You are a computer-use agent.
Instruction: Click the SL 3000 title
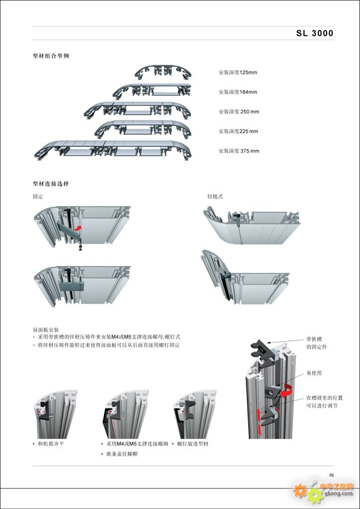pos(315,34)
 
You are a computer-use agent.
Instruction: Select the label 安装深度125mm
pos(238,73)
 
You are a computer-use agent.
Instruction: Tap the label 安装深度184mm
pos(238,92)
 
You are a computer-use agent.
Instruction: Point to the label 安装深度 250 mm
pos(239,112)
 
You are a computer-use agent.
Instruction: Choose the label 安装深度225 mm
pos(238,131)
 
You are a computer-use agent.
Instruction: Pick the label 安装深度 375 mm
pos(239,151)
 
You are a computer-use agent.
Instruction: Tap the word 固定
pos(38,197)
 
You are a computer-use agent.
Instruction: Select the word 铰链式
pos(215,197)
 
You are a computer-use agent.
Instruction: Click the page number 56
pos(331,475)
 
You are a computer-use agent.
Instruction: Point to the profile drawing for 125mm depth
pos(163,72)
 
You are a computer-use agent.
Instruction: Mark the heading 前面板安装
pos(46,330)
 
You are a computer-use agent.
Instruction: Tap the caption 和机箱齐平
pos(51,443)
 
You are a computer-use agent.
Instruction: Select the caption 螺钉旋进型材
pos(192,443)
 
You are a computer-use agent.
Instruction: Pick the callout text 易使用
pos(314,373)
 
